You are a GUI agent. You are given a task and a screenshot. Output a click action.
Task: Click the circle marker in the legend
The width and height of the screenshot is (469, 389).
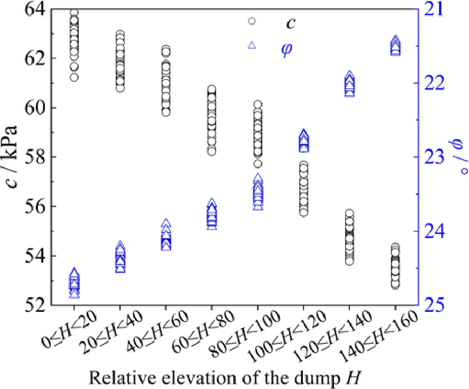tap(252, 21)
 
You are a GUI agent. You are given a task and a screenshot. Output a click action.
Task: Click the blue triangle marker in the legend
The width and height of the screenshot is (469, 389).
tap(252, 45)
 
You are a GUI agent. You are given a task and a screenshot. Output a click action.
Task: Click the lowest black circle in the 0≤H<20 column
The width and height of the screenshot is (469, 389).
tap(74, 77)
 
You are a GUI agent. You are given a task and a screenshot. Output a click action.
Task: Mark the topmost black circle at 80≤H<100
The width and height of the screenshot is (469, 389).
tap(257, 104)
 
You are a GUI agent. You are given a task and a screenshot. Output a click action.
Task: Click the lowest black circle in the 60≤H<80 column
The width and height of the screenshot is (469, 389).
tap(212, 151)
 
